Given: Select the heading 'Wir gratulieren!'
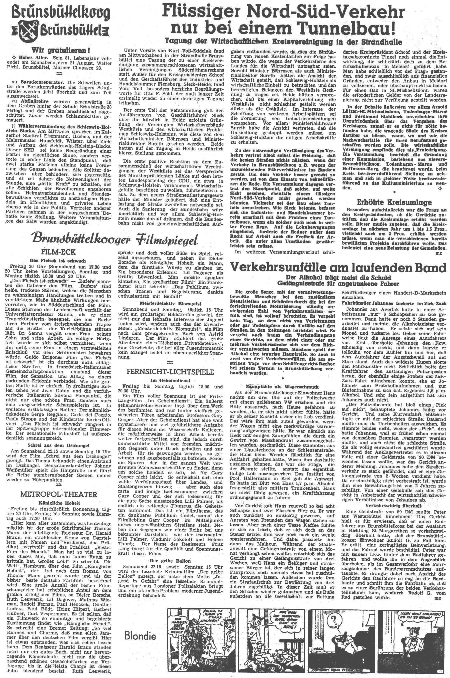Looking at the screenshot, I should (60, 51).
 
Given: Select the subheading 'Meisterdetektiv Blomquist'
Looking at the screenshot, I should (170, 304).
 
